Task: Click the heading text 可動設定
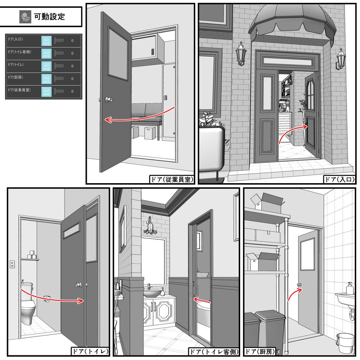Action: [x=49, y=17]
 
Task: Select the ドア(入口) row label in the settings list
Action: [x=15, y=39]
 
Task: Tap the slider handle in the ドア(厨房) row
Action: [x=59, y=78]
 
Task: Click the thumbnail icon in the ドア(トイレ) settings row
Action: [x=46, y=66]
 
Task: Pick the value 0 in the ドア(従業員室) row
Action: [x=72, y=91]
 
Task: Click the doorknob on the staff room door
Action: [x=108, y=99]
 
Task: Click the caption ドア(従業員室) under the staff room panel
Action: [x=172, y=179]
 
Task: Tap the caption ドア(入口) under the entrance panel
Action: [x=339, y=179]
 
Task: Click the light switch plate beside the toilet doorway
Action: [x=12, y=264]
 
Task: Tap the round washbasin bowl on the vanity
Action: [x=152, y=294]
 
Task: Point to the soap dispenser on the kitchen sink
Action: [x=349, y=288]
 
